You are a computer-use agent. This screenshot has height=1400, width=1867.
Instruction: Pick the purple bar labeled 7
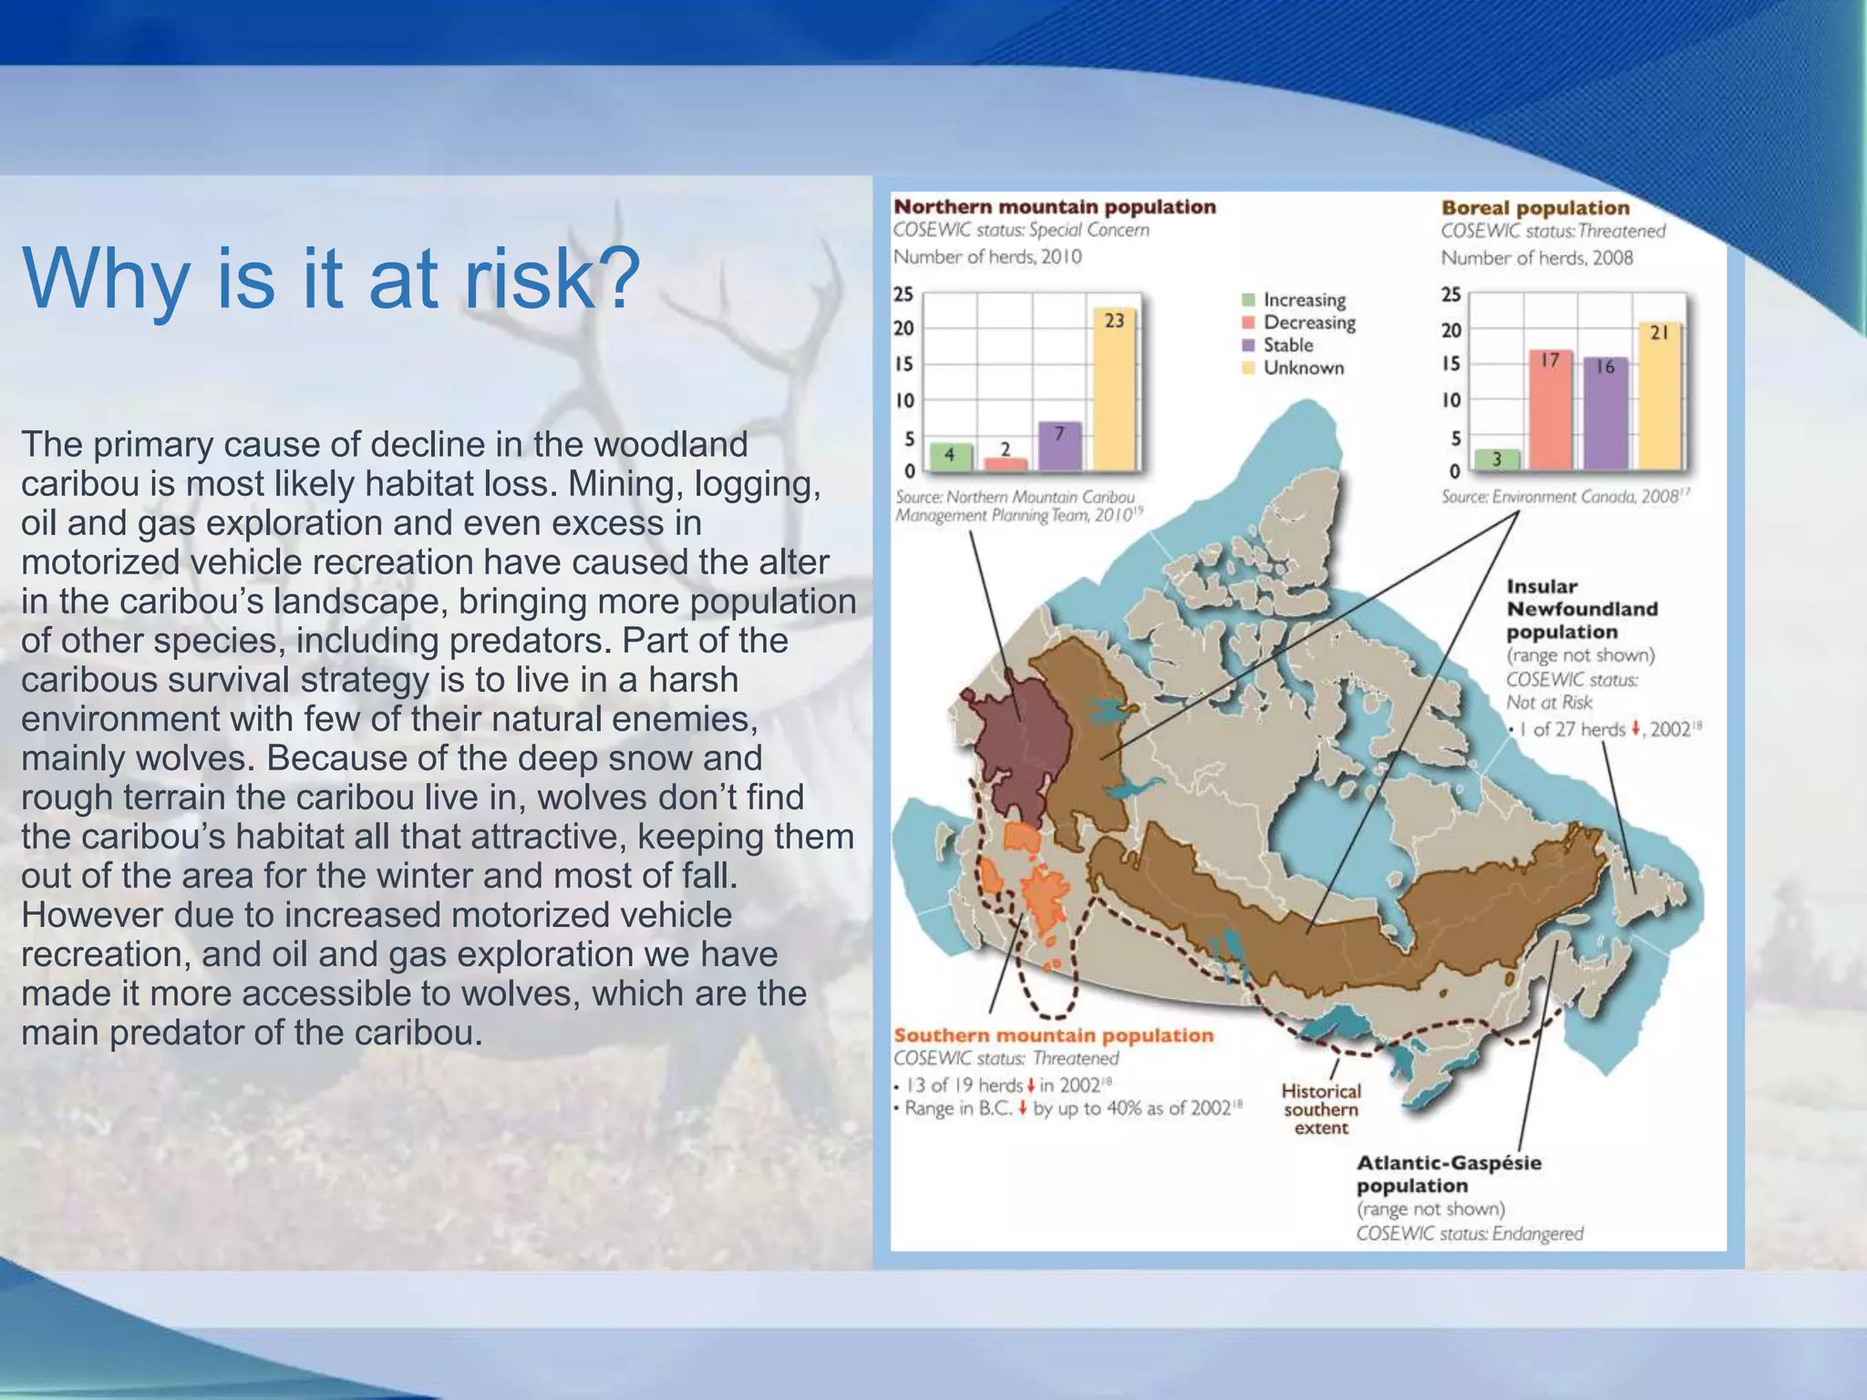(1059, 446)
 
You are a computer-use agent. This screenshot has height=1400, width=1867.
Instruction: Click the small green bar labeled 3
(1496, 458)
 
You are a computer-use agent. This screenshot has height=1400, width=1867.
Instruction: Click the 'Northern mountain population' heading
(1055, 207)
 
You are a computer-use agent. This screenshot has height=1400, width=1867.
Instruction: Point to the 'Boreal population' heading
(1535, 208)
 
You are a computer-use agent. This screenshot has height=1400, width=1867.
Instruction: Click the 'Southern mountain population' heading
(1054, 1035)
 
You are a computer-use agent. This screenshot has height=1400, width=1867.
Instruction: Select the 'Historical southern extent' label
(1321, 1109)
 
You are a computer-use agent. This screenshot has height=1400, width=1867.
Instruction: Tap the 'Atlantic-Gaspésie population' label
(1449, 1174)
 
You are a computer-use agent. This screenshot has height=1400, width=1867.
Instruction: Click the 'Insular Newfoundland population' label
(1582, 609)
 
